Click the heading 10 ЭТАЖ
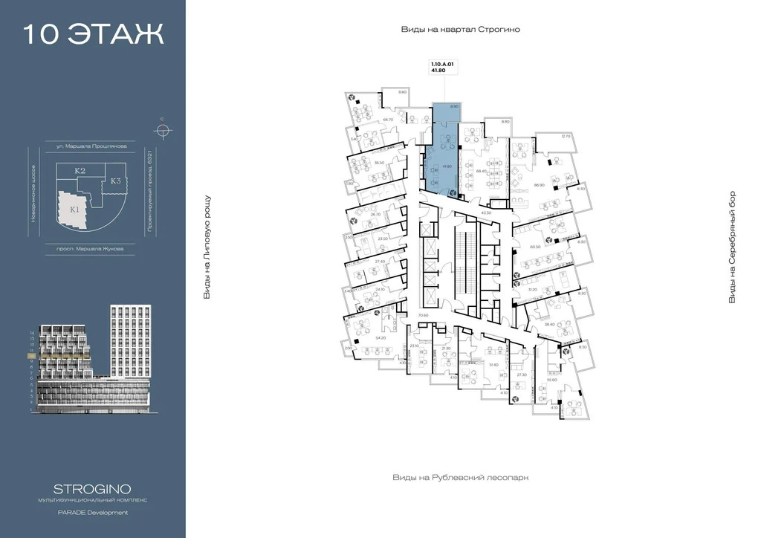93,34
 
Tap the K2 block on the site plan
80,171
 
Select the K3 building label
116,181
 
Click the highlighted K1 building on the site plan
74,209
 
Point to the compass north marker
162,131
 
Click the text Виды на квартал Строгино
460,29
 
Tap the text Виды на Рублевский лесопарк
460,477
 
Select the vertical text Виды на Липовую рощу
207,247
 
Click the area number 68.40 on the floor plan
480,170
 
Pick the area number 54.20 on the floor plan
381,337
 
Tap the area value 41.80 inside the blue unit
447,167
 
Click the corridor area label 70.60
424,316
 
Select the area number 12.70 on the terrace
566,136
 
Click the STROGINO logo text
93,489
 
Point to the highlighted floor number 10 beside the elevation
32,357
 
